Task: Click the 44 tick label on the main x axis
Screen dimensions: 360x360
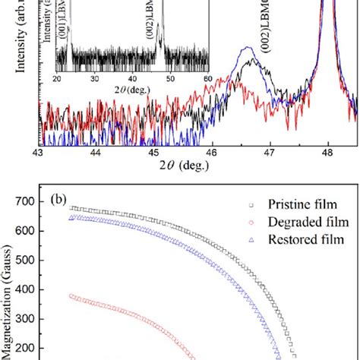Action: [x=96, y=152]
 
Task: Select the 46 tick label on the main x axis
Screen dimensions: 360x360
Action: [x=212, y=152]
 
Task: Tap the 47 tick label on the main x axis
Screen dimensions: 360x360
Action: [x=270, y=152]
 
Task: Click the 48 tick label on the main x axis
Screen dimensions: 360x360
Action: [x=327, y=152]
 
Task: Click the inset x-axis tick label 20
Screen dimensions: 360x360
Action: [x=58, y=79]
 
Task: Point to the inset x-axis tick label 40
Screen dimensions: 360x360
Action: [x=132, y=79]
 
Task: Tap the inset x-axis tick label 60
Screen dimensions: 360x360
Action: [x=206, y=79]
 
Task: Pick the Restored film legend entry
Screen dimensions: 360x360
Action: [x=304, y=239]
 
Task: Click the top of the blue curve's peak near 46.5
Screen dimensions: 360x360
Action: [x=242, y=49]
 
